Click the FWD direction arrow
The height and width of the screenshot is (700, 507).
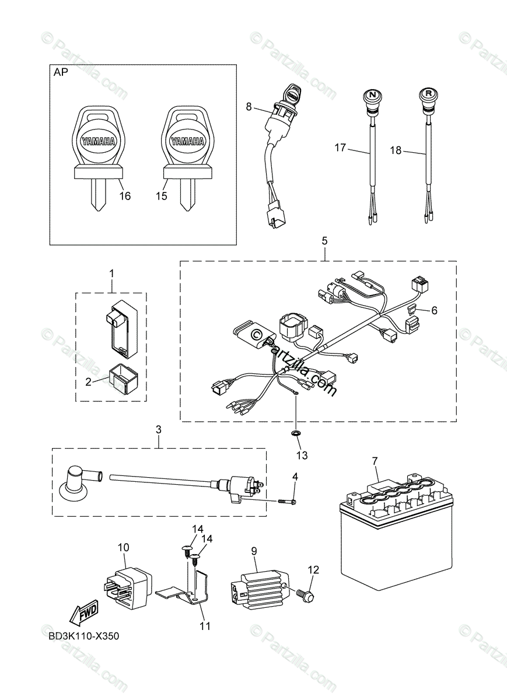coord(83,614)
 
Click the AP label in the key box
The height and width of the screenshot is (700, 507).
coord(61,73)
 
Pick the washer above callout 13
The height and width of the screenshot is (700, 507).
coord(296,433)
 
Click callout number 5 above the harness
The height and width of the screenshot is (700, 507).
coord(324,240)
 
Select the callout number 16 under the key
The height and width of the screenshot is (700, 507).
coord(125,196)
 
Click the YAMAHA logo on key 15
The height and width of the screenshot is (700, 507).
coord(187,142)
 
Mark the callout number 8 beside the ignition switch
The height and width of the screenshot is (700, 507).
coord(249,107)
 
